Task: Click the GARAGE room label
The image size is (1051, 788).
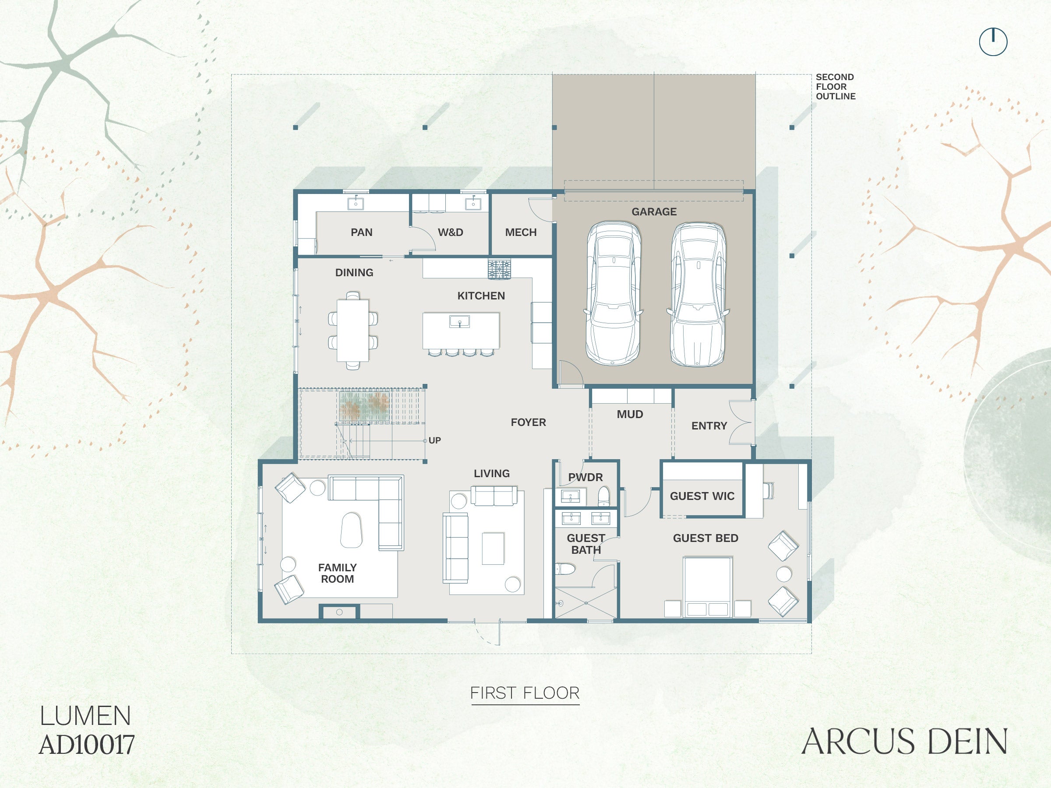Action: click(654, 212)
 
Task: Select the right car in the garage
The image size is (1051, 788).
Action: click(698, 295)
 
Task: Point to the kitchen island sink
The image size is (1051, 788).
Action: click(459, 322)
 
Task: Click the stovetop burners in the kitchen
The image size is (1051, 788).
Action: click(499, 269)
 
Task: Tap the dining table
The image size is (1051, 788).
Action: click(353, 330)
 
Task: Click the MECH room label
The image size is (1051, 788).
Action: click(521, 232)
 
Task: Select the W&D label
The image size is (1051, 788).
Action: click(451, 232)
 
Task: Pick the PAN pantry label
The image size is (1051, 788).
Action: click(362, 232)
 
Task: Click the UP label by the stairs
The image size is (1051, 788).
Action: click(435, 440)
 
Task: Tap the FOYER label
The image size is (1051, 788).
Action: click(529, 422)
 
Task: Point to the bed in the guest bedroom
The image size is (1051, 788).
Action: click(707, 587)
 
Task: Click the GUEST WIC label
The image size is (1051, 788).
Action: click(702, 496)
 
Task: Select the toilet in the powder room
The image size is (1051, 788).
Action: click(603, 496)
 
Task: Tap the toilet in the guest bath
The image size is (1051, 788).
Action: click(565, 569)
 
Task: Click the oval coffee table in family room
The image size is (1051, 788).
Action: click(351, 530)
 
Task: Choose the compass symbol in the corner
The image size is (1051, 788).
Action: click(993, 42)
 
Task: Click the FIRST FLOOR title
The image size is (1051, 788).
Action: click(525, 693)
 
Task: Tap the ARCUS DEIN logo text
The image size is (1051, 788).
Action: click(904, 742)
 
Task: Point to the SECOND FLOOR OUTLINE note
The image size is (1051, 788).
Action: click(836, 86)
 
